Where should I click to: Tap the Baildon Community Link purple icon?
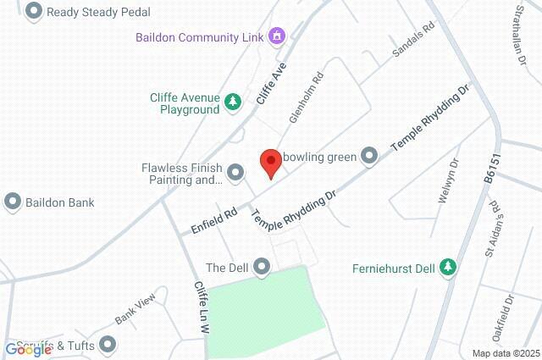276,36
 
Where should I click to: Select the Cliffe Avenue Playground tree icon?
233,102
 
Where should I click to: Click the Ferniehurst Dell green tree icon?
450,269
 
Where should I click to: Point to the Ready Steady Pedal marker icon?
34,12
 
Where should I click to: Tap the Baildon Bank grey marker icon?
13,202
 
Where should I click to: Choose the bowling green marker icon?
369,156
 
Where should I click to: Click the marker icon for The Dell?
263,268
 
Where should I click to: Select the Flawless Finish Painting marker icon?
235,174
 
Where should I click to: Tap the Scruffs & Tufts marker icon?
108,344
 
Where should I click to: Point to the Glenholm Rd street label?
307,97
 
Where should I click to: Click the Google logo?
29,349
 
